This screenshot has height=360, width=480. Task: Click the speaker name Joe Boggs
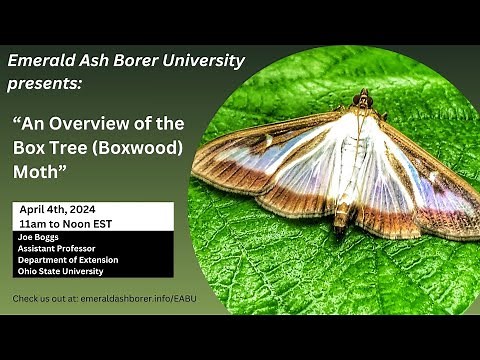click(x=39, y=239)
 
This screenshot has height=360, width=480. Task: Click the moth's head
click(x=363, y=101)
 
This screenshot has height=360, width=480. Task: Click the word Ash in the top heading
click(x=91, y=60)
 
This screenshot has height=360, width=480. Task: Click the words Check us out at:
click(x=45, y=299)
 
